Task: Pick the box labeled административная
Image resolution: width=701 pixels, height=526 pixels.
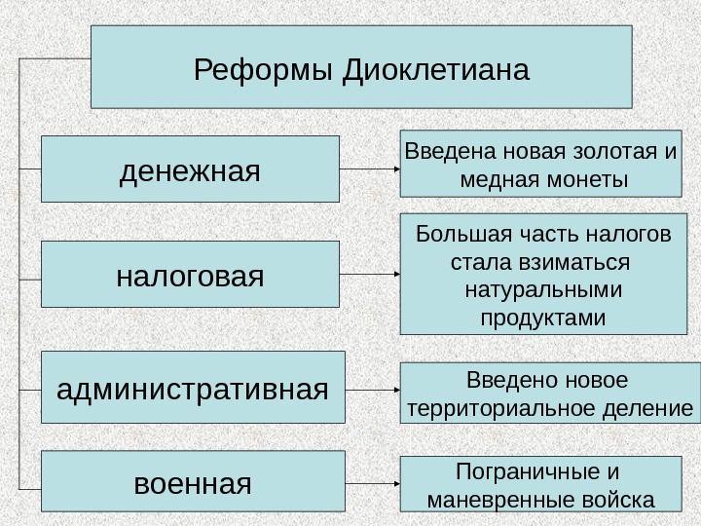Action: coord(193,388)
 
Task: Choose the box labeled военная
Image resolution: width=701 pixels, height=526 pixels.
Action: coord(193,482)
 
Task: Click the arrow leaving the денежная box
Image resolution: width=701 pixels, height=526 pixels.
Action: coord(370,169)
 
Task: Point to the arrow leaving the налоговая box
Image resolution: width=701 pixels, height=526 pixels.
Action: coord(370,275)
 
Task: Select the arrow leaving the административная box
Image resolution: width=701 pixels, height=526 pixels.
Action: coord(373,389)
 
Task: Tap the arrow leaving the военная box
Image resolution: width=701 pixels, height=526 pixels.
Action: coord(373,482)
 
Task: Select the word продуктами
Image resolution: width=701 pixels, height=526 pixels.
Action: coord(543,319)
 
